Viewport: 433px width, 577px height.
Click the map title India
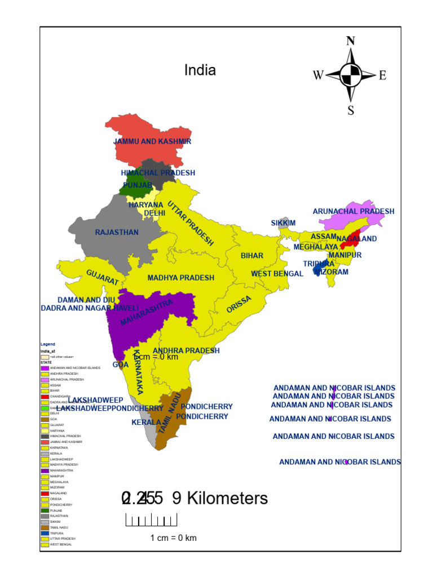(x=200, y=70)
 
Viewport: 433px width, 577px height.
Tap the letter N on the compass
(x=351, y=41)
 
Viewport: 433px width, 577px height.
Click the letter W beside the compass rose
(x=318, y=76)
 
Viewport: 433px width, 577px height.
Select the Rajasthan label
(x=117, y=232)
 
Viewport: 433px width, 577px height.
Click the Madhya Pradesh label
(x=181, y=278)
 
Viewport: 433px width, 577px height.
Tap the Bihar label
(x=252, y=256)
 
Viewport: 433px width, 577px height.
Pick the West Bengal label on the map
(x=277, y=274)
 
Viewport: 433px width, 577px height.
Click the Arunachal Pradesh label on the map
(x=354, y=211)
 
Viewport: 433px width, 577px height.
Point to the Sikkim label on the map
(x=283, y=223)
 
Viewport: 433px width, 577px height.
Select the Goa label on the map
(x=121, y=365)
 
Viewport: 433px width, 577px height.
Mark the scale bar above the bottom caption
(x=151, y=520)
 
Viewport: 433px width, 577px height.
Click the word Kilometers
(x=227, y=499)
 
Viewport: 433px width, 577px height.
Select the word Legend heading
(x=47, y=344)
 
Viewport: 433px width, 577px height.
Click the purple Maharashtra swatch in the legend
(x=45, y=470)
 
